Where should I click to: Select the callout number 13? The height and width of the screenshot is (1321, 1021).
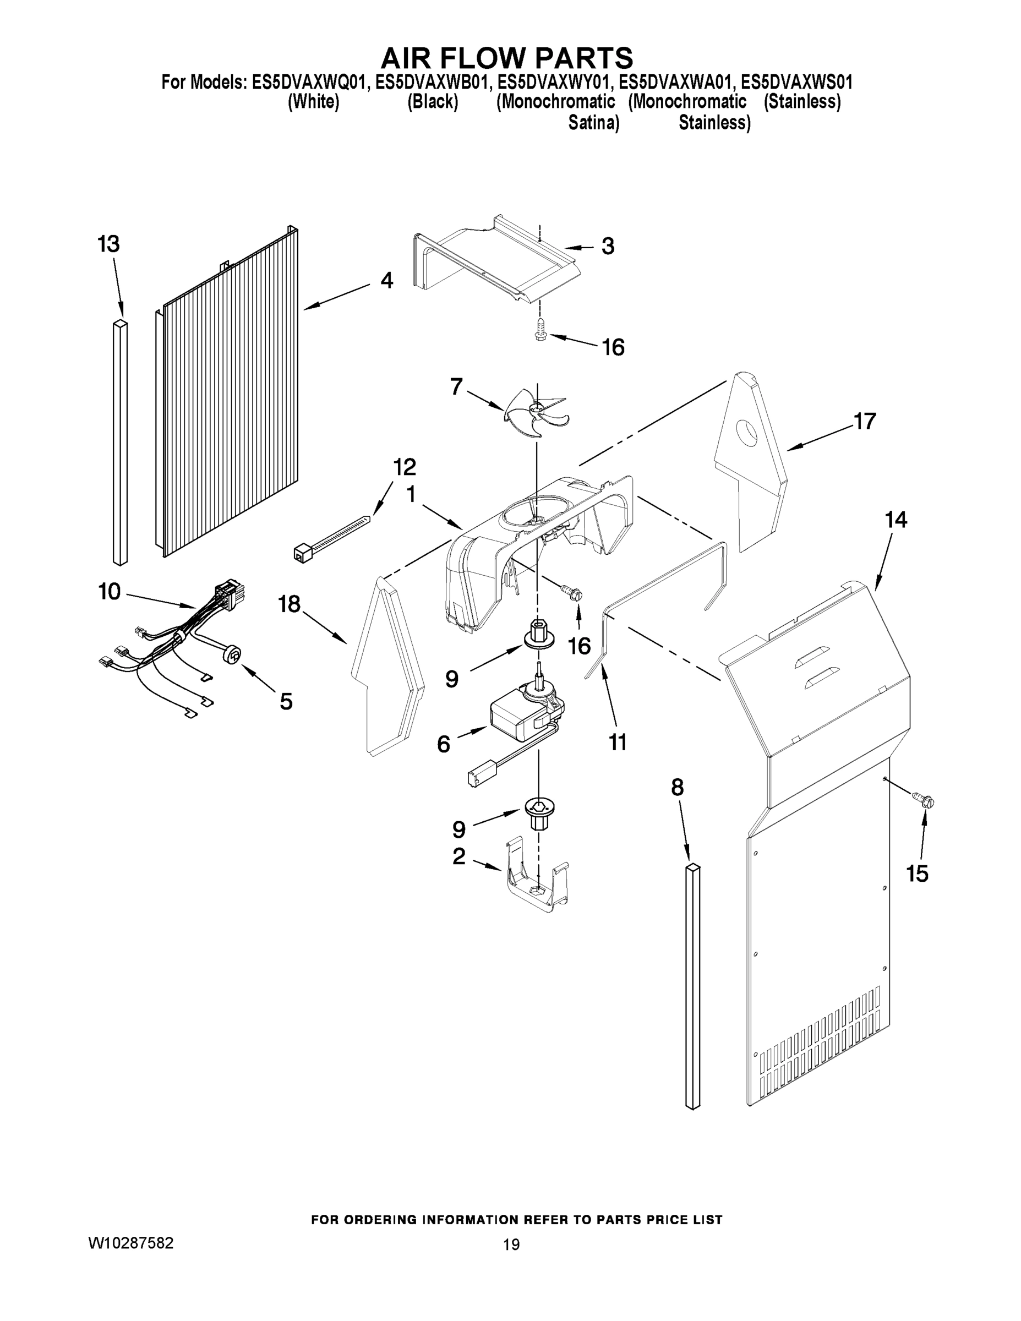[x=109, y=244]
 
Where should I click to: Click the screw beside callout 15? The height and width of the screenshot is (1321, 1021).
[x=924, y=801]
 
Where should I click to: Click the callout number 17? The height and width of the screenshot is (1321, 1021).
[x=864, y=421]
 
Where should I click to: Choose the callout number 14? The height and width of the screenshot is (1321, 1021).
[x=896, y=520]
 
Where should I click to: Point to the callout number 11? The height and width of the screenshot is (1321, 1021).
[x=618, y=742]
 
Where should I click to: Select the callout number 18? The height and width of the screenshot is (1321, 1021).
[x=289, y=604]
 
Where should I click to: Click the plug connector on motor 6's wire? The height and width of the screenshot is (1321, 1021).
[x=479, y=776]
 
